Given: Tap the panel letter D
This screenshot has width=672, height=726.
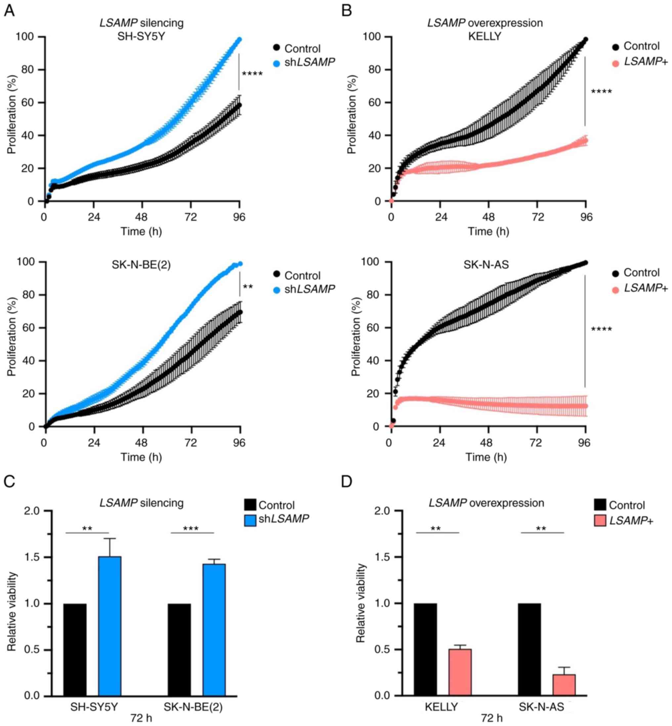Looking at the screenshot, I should pyautogui.click(x=347, y=481).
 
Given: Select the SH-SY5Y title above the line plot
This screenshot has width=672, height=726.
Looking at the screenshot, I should pyautogui.click(x=141, y=36).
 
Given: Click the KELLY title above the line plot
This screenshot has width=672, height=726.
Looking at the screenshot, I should pyautogui.click(x=484, y=36).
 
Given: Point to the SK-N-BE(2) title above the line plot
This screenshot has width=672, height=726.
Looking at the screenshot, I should pyautogui.click(x=141, y=265).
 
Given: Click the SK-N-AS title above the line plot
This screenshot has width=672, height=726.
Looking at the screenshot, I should pyautogui.click(x=486, y=265).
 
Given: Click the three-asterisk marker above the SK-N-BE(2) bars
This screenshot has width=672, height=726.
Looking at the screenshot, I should pyautogui.click(x=191, y=529).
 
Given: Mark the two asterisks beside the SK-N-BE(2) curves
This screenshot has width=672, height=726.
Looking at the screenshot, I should pyautogui.click(x=248, y=287).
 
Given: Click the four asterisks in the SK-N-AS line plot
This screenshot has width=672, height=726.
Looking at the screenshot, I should pyautogui.click(x=602, y=329).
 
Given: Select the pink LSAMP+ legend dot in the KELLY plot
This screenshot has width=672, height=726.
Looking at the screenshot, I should pyautogui.click(x=615, y=64).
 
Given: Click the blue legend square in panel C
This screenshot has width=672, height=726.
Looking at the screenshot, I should pyautogui.click(x=250, y=520).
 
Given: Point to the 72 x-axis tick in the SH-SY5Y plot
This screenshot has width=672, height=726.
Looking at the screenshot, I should pyautogui.click(x=190, y=217).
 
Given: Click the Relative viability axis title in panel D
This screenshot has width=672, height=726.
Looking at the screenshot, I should pyautogui.click(x=361, y=603).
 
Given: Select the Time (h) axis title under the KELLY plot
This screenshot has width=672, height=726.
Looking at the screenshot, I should pyautogui.click(x=488, y=231).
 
